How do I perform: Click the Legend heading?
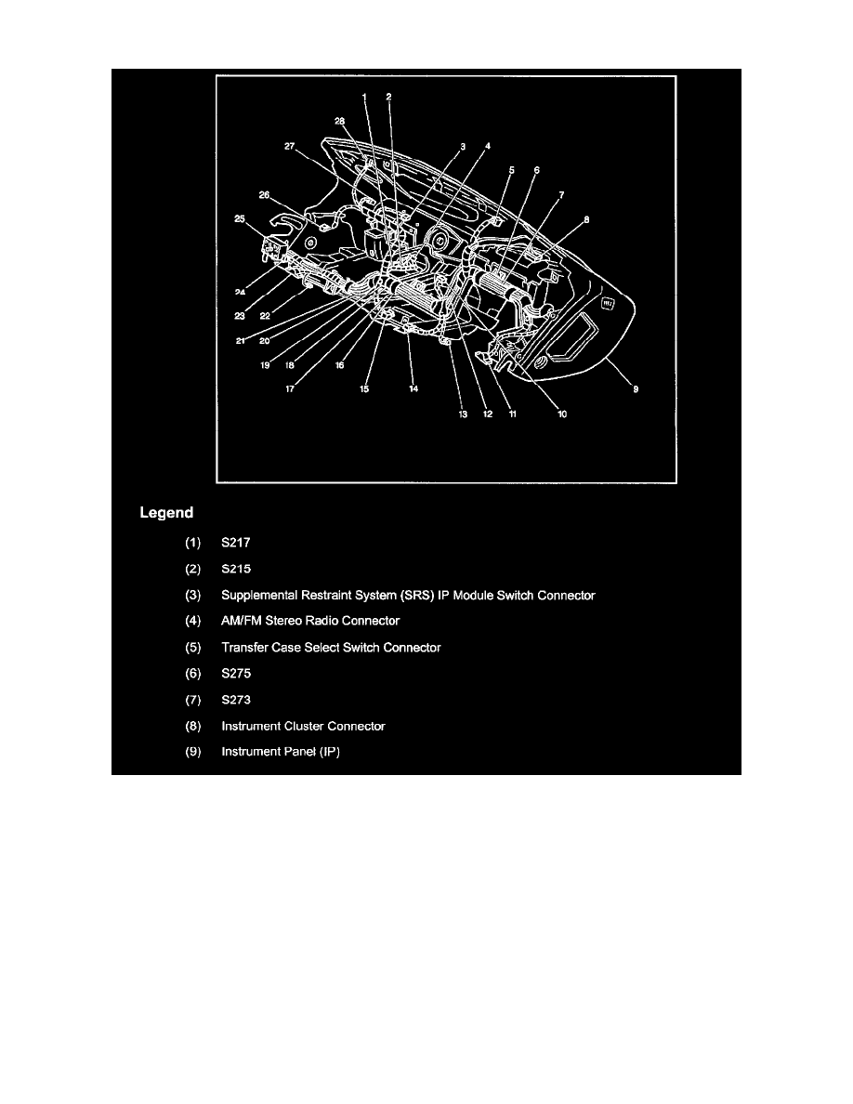166,513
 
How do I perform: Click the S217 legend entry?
236,543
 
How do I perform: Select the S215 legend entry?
236,569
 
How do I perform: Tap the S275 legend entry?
236,674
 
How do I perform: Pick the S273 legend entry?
236,700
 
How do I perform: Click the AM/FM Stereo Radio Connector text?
310,621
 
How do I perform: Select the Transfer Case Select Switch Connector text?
331,648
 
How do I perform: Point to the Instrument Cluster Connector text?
303,726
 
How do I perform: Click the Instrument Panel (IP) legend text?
281,752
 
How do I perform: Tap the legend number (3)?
193,596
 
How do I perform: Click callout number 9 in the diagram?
636,389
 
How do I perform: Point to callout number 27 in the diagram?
289,147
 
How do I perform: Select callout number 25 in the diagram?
240,219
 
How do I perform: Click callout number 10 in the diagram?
562,414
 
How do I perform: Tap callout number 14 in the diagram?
413,388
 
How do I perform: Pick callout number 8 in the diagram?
586,219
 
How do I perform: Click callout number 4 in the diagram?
488,147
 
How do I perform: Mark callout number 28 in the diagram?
339,121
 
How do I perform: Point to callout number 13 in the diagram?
463,414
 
